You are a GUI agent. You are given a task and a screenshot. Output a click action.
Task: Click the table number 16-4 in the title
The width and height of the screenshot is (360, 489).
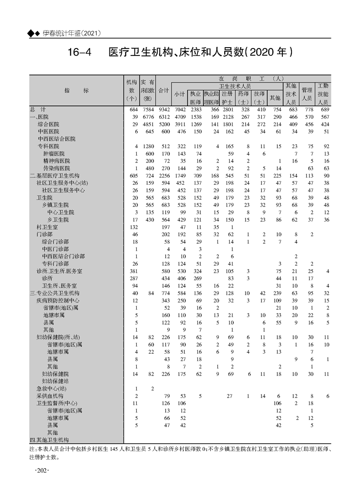click(79, 52)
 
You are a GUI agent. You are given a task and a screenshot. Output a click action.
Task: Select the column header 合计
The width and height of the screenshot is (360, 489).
click(164, 90)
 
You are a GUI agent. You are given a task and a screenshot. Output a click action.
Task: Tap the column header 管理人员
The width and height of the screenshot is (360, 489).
click(307, 94)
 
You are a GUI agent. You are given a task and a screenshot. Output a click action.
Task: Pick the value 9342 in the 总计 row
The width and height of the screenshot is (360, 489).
click(164, 109)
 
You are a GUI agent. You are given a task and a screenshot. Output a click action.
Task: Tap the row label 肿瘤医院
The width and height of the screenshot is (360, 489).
click(54, 153)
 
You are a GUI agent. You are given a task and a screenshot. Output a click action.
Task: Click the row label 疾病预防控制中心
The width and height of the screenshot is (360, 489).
click(58, 300)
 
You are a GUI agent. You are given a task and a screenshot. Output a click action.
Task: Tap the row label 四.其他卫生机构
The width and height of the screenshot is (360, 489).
click(49, 440)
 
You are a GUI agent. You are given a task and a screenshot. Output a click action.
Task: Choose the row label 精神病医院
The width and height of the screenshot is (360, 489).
click(57, 161)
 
